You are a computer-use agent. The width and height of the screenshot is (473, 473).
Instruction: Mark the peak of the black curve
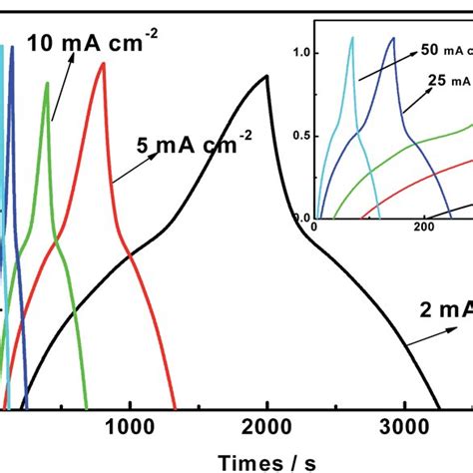[266, 76]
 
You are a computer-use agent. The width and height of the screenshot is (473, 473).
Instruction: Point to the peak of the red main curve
[104, 64]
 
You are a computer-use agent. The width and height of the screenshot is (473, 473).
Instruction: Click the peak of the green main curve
[47, 83]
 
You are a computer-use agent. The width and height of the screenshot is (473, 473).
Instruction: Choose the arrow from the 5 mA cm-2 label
[128, 169]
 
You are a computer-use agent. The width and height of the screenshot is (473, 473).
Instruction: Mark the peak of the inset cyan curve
[352, 38]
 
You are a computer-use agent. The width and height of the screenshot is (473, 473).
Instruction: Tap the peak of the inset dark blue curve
[393, 38]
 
